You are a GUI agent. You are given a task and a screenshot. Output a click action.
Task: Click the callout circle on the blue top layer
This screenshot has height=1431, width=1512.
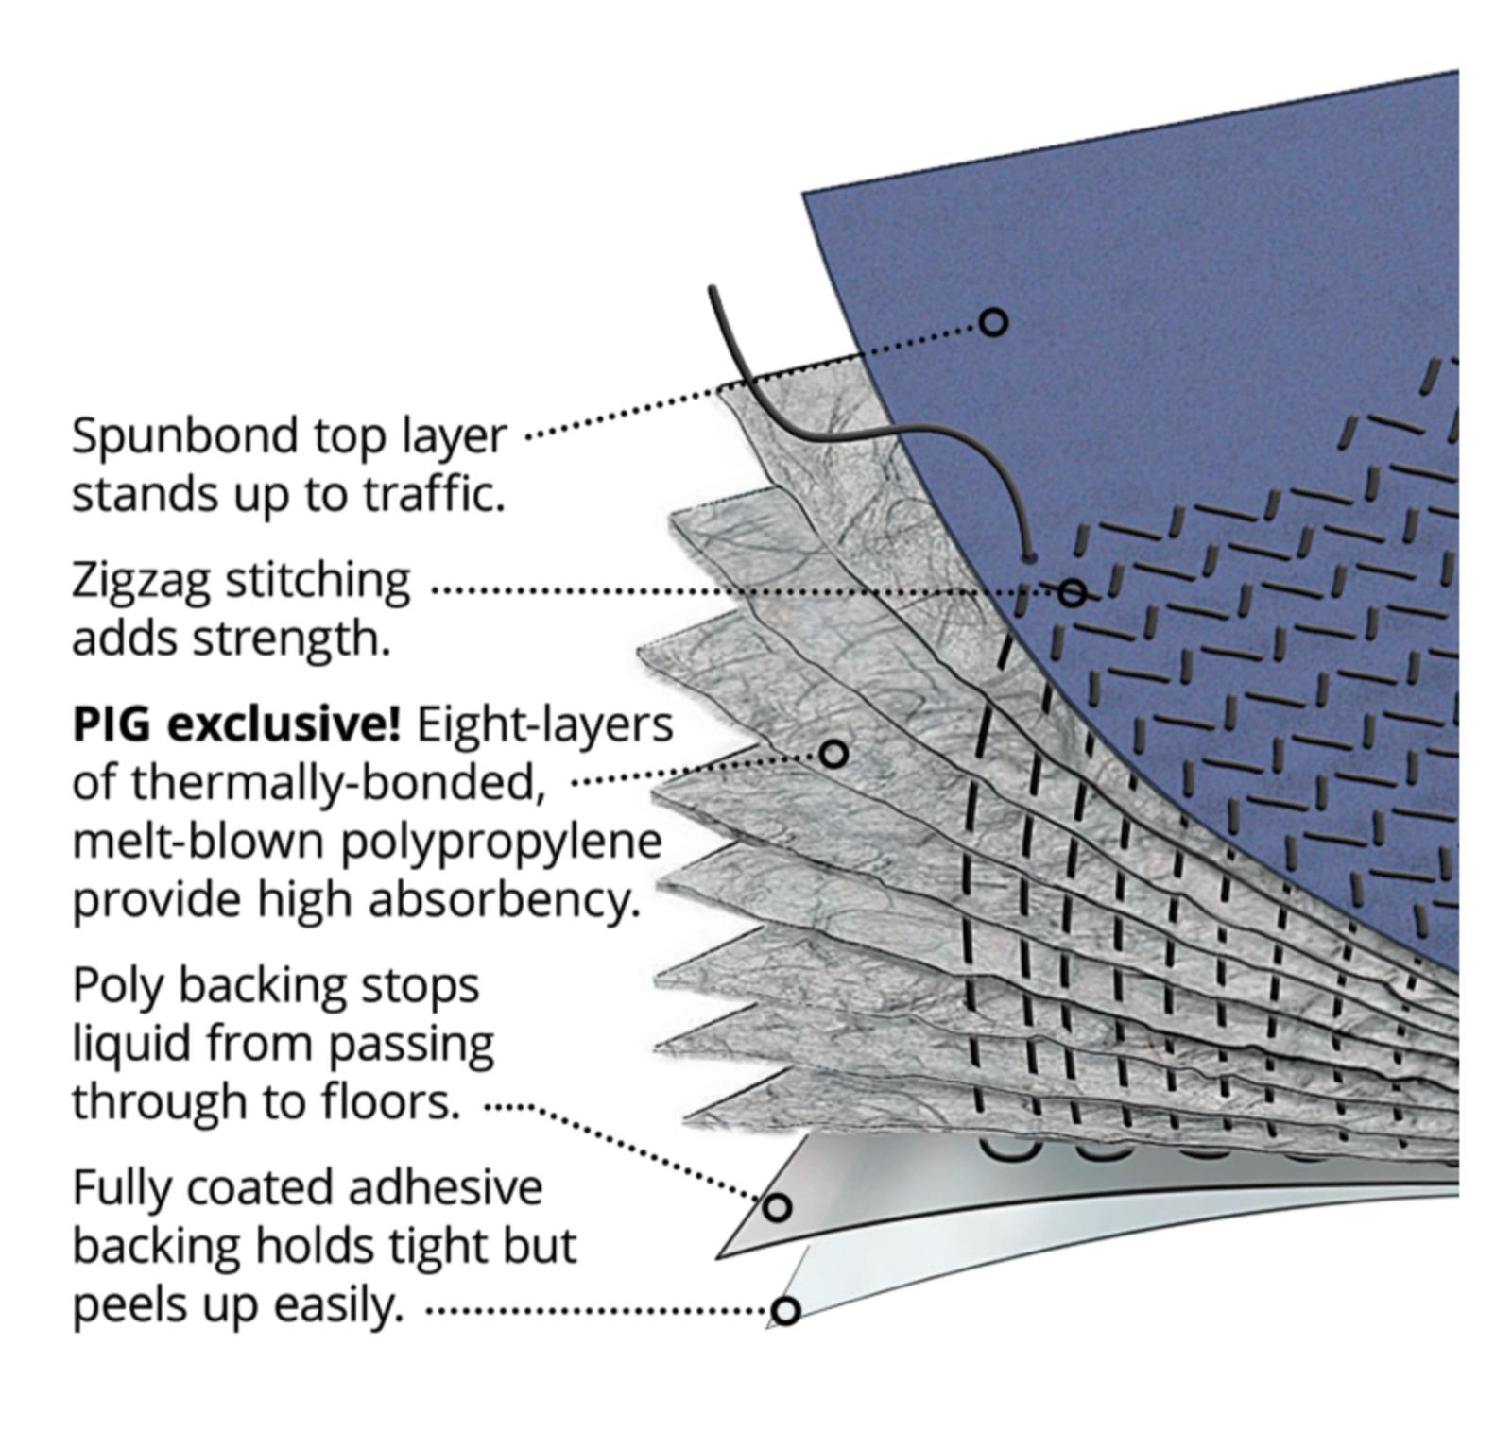click(993, 322)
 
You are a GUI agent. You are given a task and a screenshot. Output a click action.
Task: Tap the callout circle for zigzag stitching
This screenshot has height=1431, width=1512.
click(1072, 592)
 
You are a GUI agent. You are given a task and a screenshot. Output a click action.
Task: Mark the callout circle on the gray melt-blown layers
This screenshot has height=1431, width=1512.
click(833, 754)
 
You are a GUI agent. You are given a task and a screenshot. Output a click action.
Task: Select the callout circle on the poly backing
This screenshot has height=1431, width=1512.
click(777, 1206)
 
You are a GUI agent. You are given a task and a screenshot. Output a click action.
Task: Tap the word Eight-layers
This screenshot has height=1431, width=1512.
click(544, 725)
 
